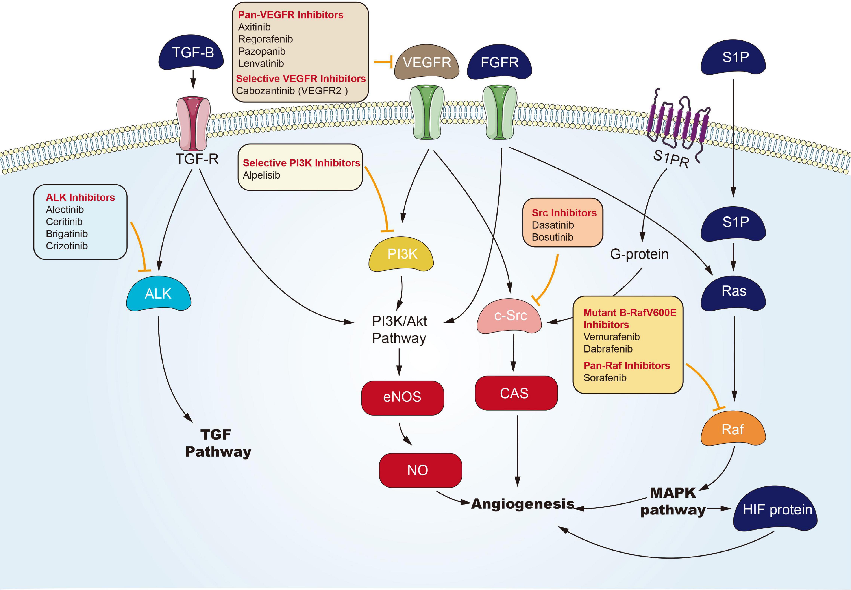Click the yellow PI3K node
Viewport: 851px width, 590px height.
[402, 254]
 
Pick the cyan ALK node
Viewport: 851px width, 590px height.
[158, 294]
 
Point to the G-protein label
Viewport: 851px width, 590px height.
[639, 254]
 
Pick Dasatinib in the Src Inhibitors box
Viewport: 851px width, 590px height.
[552, 225]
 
